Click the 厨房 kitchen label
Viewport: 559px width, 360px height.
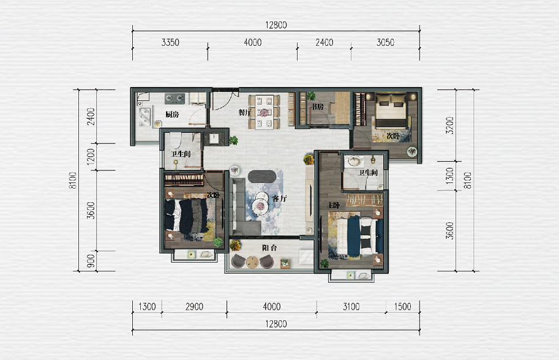coord(172,114)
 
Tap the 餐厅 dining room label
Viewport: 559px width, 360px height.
coord(244,112)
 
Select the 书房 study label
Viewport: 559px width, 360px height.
coord(317,107)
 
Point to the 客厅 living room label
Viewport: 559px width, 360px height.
coord(279,198)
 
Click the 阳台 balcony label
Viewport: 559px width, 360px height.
coord(269,248)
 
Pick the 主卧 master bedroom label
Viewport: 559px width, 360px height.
coord(333,205)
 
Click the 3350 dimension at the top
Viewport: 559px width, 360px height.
coord(170,42)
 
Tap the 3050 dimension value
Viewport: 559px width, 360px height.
coord(385,42)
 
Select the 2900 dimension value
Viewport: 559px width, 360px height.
coord(194,307)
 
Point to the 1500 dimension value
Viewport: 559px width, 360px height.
coord(402,307)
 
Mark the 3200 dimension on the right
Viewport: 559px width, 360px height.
coord(450,126)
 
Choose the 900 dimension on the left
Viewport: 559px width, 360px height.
coord(91,261)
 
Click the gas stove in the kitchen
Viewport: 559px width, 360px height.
coord(174,99)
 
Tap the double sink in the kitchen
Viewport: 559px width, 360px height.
coord(144,116)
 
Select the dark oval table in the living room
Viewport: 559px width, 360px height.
coord(262,176)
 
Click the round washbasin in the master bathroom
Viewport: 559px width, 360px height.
coord(354,161)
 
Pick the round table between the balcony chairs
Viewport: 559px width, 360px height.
coord(252,261)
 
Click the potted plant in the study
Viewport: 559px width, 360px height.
coord(311,96)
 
